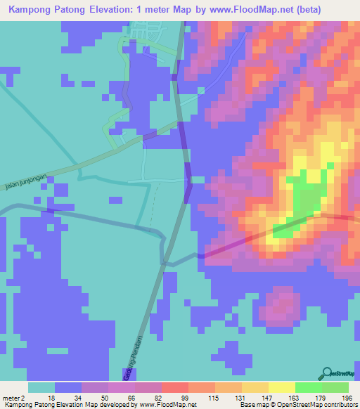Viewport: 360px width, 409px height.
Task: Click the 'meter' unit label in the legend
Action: tap(10, 398)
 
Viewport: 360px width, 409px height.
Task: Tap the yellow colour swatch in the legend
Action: tap(282, 387)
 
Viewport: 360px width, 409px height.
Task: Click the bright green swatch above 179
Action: tap(309, 387)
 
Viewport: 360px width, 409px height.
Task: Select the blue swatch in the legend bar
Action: tap(68, 387)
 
